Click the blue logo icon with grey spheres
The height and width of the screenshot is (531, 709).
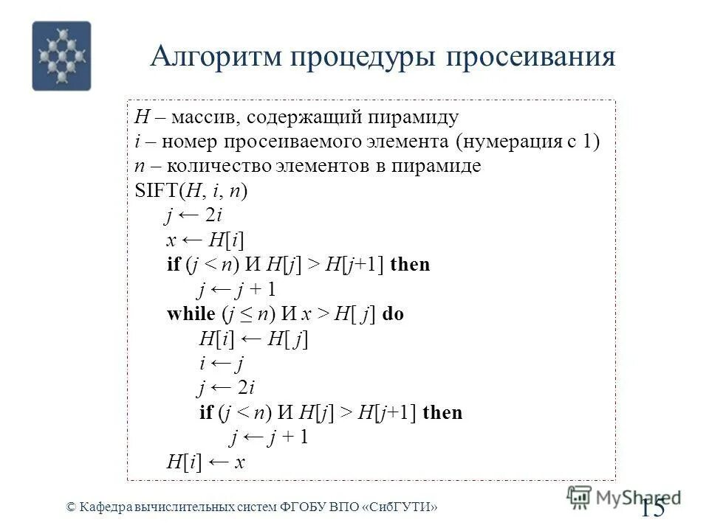pyautogui.click(x=61, y=56)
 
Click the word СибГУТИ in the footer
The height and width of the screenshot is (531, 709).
pyautogui.click(x=405, y=507)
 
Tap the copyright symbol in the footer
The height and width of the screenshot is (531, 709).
pyautogui.click(x=71, y=507)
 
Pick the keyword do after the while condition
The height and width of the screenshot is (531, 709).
pyautogui.click(x=392, y=313)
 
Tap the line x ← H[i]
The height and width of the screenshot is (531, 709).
pyautogui.click(x=206, y=240)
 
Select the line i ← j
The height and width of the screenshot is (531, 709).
pyautogui.click(x=222, y=363)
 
